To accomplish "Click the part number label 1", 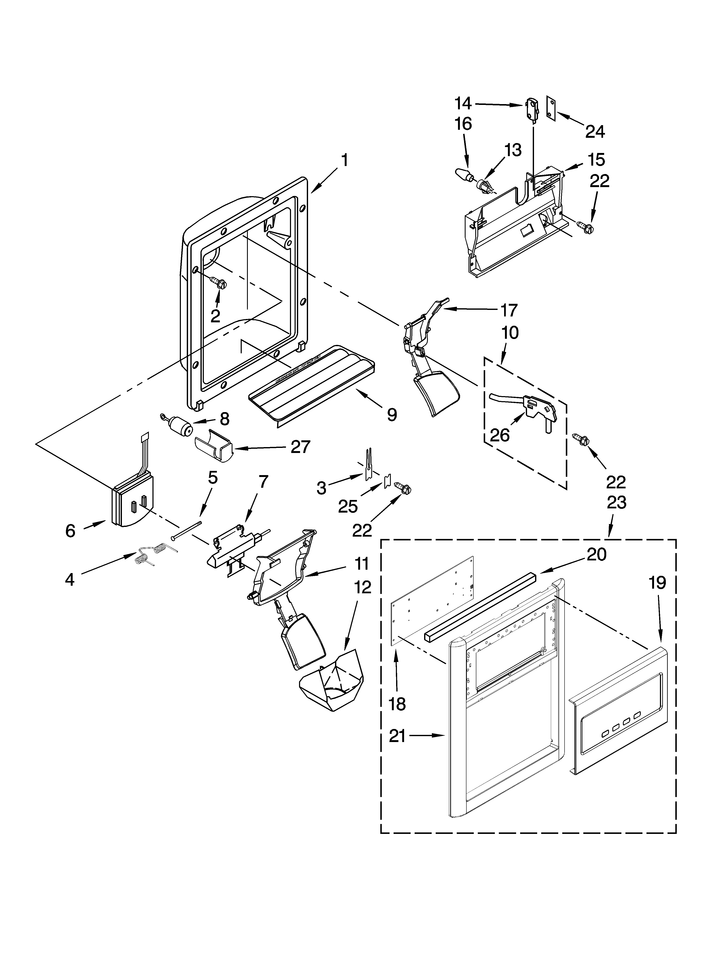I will [x=344, y=161].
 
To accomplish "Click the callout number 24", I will [x=595, y=131].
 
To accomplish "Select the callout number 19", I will [x=657, y=583].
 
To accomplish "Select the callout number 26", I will [x=500, y=435].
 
